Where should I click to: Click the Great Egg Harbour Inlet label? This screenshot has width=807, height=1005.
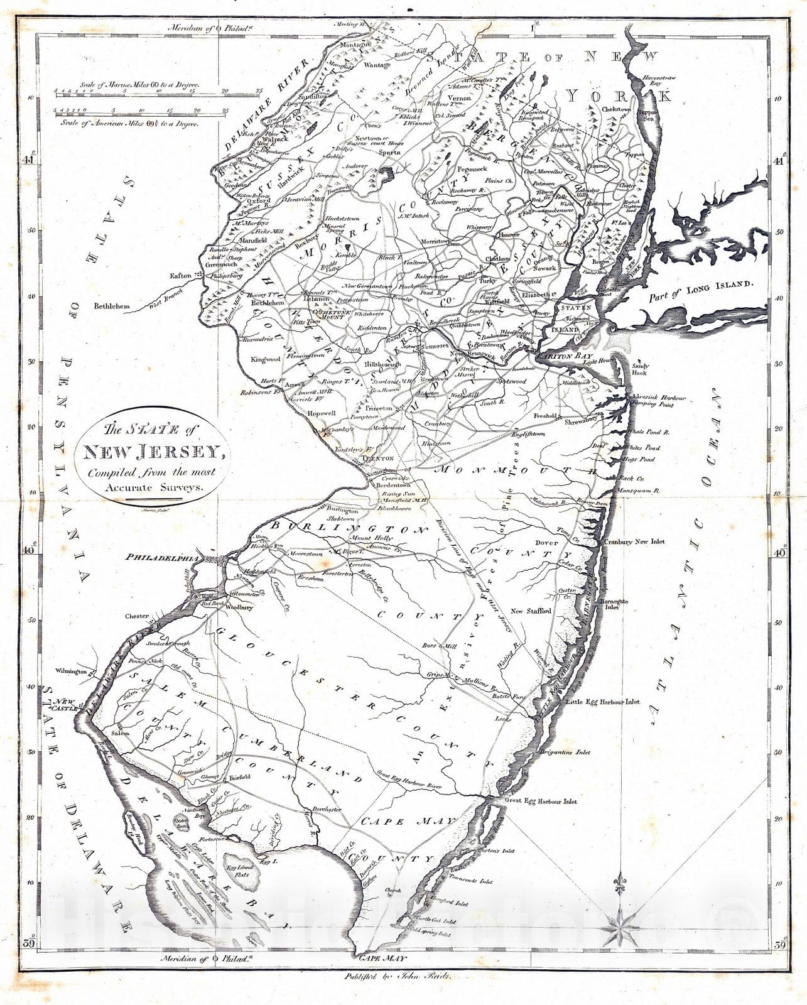(x=540, y=801)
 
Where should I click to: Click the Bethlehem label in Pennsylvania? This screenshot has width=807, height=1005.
(x=111, y=307)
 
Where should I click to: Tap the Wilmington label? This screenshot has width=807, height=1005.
(x=70, y=671)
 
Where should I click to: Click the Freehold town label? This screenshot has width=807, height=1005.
(x=544, y=416)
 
